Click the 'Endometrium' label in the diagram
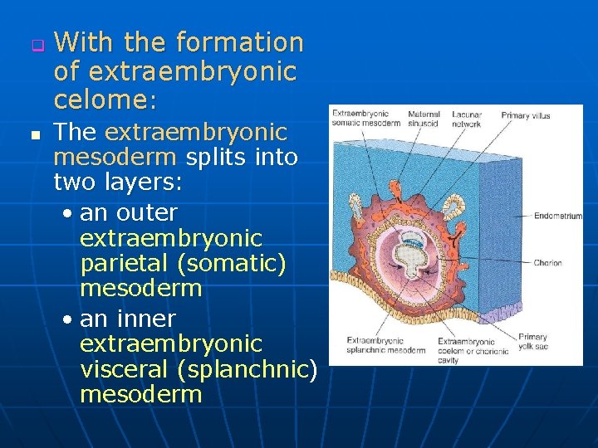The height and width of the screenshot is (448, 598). [557, 216]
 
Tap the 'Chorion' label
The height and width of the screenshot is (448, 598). [547, 263]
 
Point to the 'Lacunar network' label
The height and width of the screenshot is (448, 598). [467, 119]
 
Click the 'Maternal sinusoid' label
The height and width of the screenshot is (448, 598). [424, 119]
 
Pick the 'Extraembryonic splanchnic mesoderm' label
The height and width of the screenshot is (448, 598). [385, 345]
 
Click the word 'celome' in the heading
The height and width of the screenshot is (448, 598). [100, 100]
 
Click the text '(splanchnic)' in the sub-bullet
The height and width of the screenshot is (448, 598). [267, 369]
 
